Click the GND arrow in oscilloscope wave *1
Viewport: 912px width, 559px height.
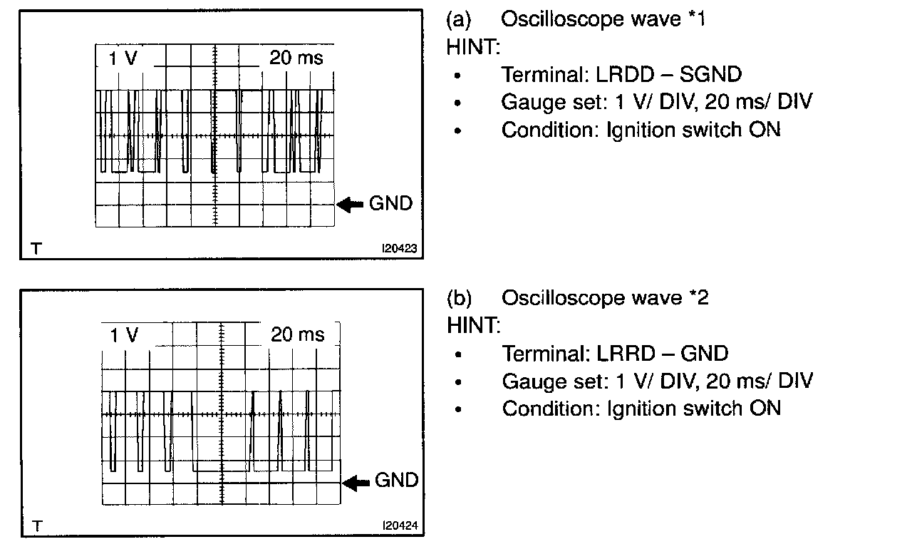pos(350,205)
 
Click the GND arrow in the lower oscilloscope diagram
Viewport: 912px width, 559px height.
pos(356,483)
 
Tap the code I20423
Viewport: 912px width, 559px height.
pos(399,249)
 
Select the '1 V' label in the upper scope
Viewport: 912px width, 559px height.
pos(123,58)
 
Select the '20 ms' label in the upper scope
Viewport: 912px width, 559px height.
pos(296,58)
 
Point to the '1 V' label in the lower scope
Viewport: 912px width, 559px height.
pos(125,335)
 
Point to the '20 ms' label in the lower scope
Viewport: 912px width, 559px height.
pos(298,334)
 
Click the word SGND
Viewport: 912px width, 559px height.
pos(709,74)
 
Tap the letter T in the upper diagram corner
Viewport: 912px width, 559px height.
pos(36,249)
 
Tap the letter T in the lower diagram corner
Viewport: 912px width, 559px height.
pos(37,527)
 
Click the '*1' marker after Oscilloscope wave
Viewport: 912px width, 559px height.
pos(697,19)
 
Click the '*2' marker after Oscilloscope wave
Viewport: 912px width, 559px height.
pos(698,297)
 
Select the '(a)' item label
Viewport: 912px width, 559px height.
pos(459,19)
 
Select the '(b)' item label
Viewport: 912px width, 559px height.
pos(460,297)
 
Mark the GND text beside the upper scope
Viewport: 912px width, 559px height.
pos(390,204)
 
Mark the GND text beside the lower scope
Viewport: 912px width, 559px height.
pos(396,481)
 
